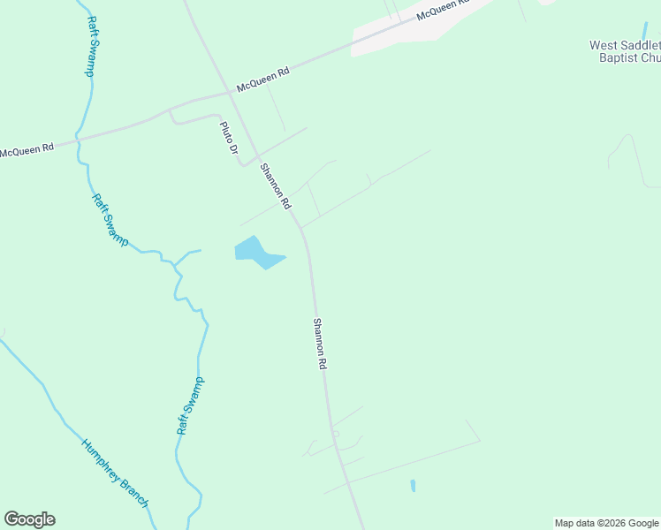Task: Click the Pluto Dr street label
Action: [229, 138]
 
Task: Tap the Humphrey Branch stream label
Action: [114, 473]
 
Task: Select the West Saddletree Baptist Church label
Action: [625, 51]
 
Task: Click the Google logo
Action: [29, 519]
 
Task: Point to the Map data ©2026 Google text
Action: [606, 523]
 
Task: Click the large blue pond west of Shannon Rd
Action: [256, 253]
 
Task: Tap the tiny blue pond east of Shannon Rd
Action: [413, 486]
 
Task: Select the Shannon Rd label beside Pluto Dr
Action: [275, 185]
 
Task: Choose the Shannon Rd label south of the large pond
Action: [320, 343]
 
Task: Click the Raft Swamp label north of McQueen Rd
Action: [91, 46]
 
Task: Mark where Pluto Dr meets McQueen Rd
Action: [170, 110]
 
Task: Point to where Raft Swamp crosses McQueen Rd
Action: [80, 137]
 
